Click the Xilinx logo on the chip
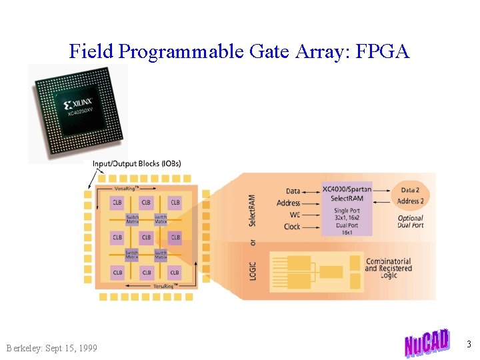tap(78, 105)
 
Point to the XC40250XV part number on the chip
tap(84, 114)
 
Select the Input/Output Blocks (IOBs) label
tap(137, 163)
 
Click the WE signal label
tap(295, 215)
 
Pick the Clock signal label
tap(292, 227)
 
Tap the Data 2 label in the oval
tap(411, 191)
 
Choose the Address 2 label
tap(411, 201)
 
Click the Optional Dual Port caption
tap(410, 221)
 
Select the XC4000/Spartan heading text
tap(347, 189)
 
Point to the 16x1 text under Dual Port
tap(347, 233)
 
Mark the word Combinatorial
tap(389, 261)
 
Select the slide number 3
tap(469, 345)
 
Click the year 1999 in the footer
tap(86, 348)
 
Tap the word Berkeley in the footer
tap(24, 348)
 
